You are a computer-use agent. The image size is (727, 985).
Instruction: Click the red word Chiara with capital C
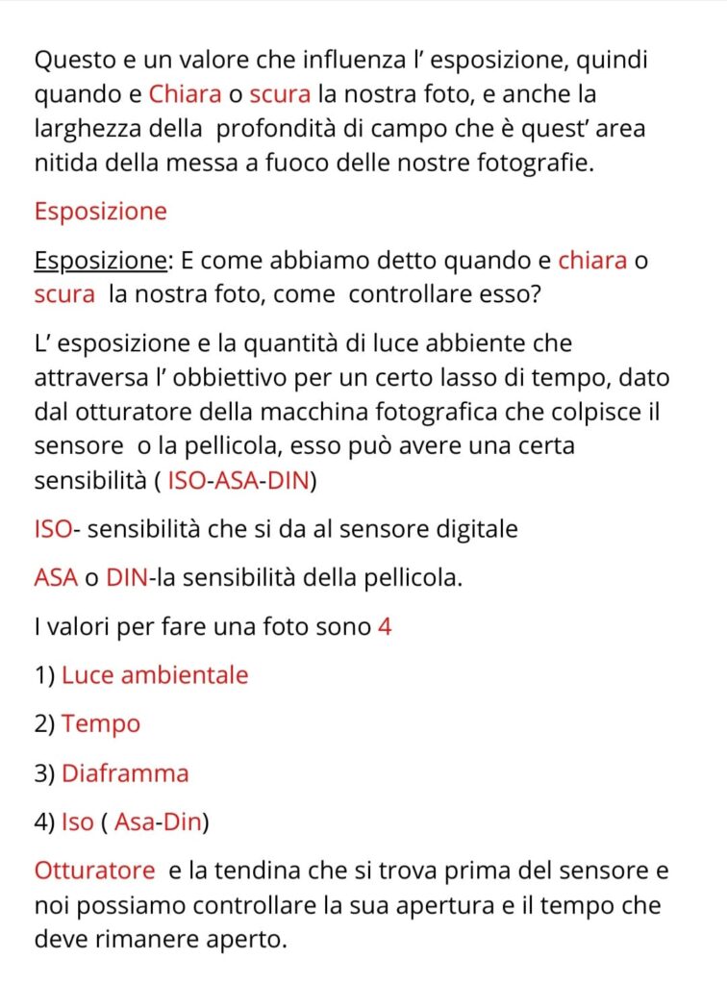183,95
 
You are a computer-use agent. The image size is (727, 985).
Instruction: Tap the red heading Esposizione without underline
100,212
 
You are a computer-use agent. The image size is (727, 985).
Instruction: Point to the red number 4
385,627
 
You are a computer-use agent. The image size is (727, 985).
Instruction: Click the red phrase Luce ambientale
155,675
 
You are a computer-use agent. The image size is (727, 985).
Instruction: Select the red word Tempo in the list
101,723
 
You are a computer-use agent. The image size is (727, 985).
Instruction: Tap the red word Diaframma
125,772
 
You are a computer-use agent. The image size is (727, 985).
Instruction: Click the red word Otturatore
94,871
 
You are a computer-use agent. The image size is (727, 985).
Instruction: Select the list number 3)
45,772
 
